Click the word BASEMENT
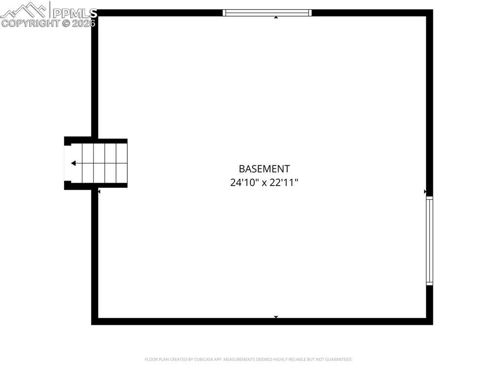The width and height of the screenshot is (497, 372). coord(264,169)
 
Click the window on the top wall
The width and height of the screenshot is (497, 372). coord(267,13)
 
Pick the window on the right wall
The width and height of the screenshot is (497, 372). coord(429,241)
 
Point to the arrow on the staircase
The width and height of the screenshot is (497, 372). coord(74,163)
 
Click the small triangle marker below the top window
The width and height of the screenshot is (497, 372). coord(276,17)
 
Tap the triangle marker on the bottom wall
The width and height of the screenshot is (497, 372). coord(276,317)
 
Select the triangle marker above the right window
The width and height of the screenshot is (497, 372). coord(425,192)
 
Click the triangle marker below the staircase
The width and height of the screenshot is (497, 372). coord(99,192)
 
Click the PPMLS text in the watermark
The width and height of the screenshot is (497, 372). coord(75,13)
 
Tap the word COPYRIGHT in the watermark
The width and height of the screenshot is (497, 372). coord(30,23)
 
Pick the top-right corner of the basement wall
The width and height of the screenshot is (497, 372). coord(429,13)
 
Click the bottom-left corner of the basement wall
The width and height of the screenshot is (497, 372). coord(95,321)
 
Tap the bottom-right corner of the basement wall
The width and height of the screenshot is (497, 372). coord(429,321)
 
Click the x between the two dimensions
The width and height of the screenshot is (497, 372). coord(265,183)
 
